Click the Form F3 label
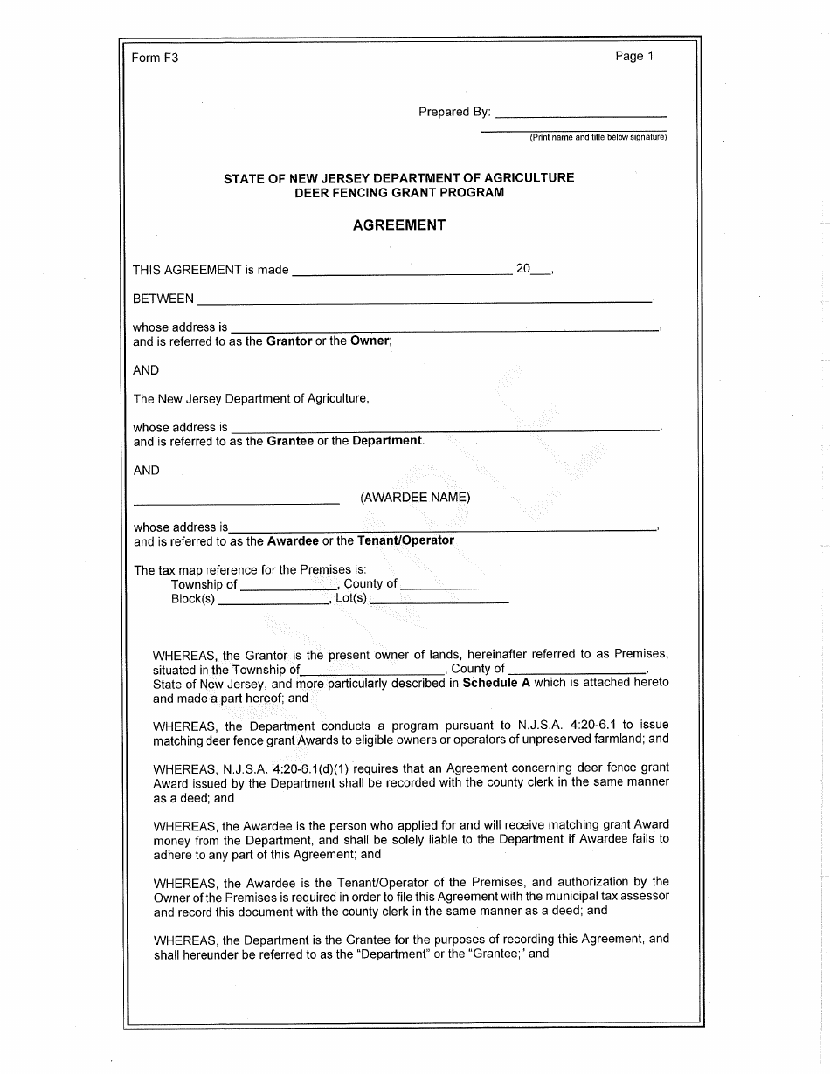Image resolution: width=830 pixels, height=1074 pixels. click(155, 59)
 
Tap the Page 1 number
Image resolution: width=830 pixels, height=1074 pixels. click(634, 57)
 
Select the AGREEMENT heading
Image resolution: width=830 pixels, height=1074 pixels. click(399, 225)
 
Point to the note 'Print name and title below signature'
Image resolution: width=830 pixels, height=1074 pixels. click(598, 137)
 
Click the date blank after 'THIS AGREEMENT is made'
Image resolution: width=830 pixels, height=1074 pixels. click(402, 271)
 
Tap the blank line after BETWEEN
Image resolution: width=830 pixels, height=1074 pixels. click(425, 299)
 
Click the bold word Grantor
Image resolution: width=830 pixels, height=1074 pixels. click(289, 341)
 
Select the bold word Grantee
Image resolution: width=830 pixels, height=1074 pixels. click(290, 441)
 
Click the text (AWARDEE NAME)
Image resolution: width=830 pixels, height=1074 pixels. click(415, 498)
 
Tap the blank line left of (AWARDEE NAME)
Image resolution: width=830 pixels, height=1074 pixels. click(236, 500)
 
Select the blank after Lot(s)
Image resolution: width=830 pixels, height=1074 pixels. click(439, 601)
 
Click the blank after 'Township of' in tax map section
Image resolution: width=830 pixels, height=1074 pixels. click(288, 585)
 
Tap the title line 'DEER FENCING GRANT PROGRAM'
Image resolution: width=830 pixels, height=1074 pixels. click(399, 192)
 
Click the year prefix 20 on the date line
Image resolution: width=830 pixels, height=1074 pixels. click(523, 270)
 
